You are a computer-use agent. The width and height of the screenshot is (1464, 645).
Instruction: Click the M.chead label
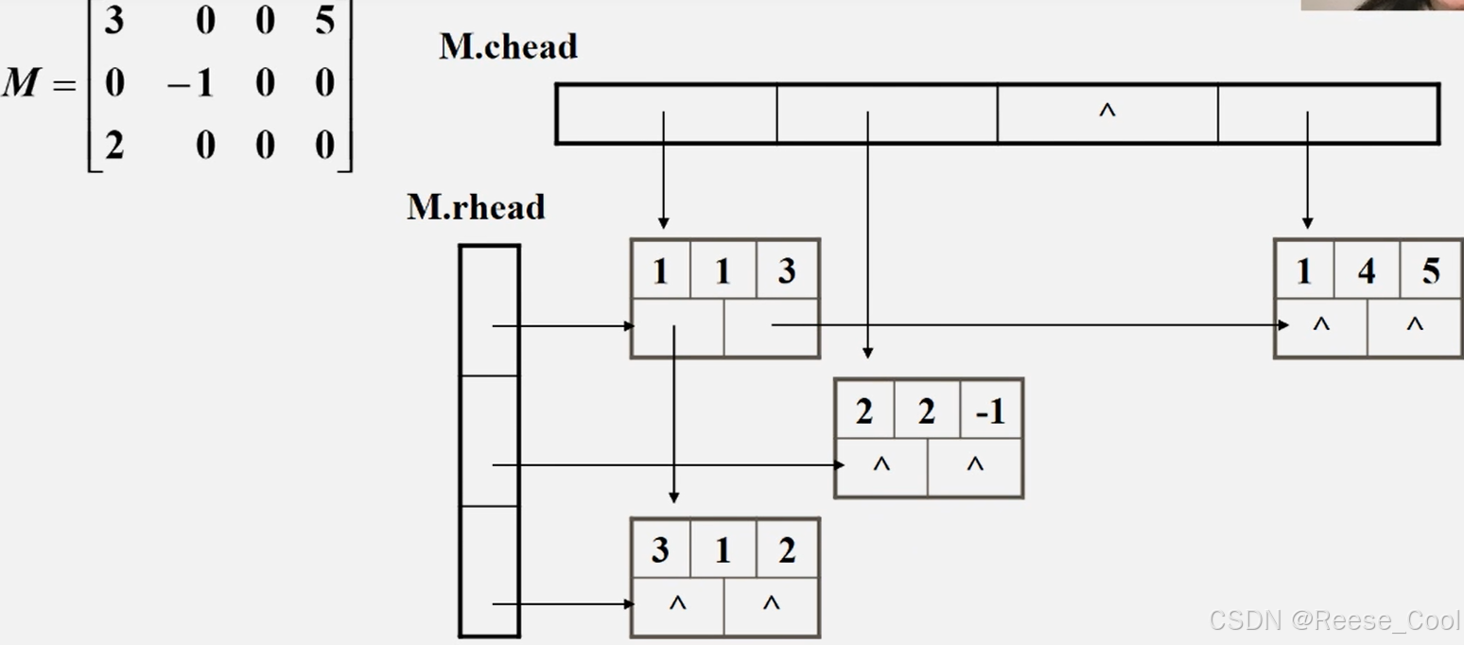coord(508,47)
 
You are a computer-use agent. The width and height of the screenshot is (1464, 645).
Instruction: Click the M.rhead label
coord(476,207)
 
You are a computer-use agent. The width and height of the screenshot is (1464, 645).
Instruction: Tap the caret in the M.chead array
coord(1107,112)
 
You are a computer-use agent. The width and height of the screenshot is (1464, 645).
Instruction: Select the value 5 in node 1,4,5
coord(1430,271)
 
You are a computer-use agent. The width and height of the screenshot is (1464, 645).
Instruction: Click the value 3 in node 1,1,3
coord(787,271)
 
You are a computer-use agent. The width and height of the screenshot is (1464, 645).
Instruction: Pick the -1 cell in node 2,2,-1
coord(990,411)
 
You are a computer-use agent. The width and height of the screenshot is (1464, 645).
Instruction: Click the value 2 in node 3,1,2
coord(787,550)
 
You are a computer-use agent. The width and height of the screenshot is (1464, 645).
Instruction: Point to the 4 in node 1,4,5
coord(1367,271)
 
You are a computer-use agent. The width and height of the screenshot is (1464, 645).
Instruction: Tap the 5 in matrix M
coord(324,20)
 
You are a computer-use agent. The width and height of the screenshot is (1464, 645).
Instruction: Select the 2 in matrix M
coord(114,146)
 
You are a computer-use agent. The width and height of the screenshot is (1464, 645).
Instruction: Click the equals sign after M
coord(63,85)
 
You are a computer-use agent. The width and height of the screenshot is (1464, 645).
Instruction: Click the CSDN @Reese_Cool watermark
coord(1334,620)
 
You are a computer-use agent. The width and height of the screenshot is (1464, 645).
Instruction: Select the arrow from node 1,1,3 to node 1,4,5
coord(1031,325)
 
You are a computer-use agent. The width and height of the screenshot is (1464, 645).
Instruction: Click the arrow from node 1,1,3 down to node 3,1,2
coord(673,416)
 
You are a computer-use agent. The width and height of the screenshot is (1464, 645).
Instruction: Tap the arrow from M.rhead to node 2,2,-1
coord(662,465)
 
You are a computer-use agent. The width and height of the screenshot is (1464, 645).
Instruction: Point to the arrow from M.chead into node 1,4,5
coord(1307,170)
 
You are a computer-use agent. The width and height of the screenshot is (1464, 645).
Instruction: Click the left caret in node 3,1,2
coord(677,602)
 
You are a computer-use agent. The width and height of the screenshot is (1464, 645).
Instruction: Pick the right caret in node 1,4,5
coord(1414,324)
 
